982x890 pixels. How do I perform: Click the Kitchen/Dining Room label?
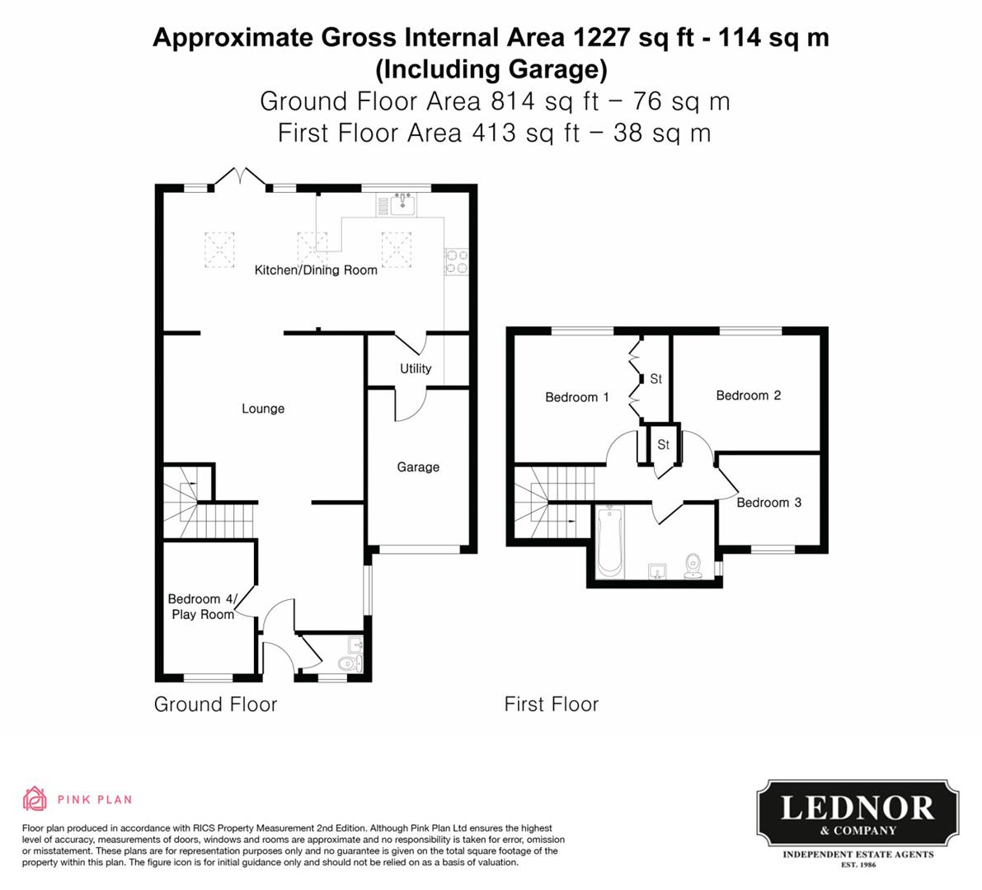tap(316, 269)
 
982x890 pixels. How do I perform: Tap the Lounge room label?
tap(263, 408)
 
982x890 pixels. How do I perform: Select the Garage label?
tap(418, 466)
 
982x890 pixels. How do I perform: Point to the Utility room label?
tap(416, 368)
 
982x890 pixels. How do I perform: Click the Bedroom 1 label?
tap(577, 397)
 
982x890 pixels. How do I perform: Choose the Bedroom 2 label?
tap(748, 396)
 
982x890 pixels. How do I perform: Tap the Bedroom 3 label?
tap(768, 502)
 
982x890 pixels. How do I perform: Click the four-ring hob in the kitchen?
tap(457, 261)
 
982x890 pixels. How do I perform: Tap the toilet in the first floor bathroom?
tap(693, 566)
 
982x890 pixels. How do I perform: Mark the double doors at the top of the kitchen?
tap(240, 176)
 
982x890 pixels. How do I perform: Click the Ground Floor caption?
tap(215, 704)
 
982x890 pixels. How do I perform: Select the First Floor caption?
tap(552, 704)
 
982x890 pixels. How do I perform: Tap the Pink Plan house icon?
tap(35, 799)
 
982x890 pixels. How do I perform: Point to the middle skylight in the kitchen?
tap(311, 245)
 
